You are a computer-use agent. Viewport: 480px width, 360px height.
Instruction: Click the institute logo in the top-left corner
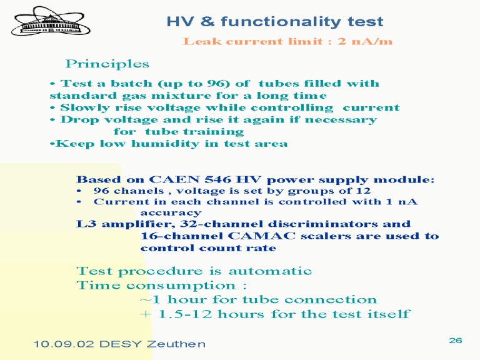[x=51, y=21]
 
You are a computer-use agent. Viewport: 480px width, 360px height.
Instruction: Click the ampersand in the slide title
[x=207, y=21]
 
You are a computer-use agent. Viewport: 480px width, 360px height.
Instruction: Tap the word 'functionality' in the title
[x=281, y=21]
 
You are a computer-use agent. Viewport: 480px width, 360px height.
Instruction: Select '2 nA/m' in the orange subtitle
[x=365, y=41]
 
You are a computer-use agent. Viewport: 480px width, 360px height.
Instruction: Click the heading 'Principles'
[x=107, y=64]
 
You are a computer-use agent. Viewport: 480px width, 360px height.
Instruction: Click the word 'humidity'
[x=165, y=144]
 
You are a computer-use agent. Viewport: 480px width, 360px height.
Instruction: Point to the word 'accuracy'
[x=171, y=212]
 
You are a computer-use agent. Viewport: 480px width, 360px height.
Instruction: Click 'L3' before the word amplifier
[x=86, y=224]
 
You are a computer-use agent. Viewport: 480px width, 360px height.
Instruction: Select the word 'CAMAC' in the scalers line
[x=262, y=236]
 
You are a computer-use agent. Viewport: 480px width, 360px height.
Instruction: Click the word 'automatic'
[x=270, y=271]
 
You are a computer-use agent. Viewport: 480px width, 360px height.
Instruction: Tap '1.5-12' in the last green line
[x=185, y=314]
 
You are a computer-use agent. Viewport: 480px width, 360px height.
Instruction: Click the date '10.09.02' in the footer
[x=63, y=344]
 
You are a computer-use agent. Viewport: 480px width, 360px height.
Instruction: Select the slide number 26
[x=456, y=341]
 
